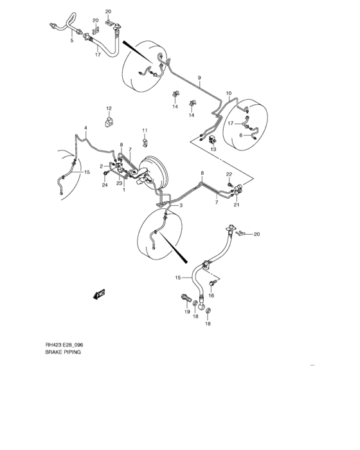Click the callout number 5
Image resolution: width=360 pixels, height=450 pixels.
point(71,40)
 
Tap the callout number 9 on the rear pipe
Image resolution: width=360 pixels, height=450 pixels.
point(200,78)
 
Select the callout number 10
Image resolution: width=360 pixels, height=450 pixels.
point(228,93)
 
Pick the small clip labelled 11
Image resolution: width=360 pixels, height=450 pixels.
point(146,141)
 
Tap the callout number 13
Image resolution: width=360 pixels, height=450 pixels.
point(213,149)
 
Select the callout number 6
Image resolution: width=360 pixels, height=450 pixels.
point(241,135)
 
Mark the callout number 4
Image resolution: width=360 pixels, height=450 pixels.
point(85,129)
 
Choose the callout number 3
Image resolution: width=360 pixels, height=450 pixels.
point(181,205)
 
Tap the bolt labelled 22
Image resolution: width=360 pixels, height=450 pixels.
point(228,184)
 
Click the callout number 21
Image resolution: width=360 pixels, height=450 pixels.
point(236,205)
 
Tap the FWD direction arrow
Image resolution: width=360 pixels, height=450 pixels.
point(99,294)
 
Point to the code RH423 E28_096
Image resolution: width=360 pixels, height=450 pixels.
point(64,345)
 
